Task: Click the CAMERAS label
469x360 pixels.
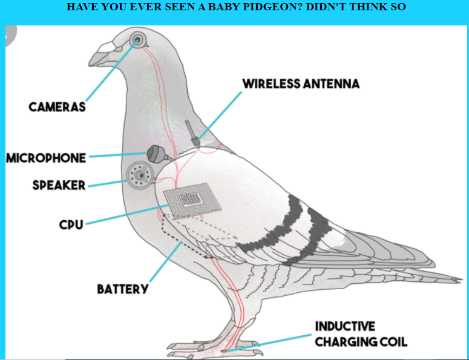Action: click(57, 106)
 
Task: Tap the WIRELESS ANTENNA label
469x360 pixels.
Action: click(301, 83)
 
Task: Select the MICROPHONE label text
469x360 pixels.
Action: click(46, 158)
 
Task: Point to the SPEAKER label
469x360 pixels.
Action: click(59, 185)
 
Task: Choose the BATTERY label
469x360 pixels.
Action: click(122, 289)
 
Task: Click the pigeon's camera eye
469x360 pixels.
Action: click(139, 40)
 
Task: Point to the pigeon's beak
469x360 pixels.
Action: click(100, 54)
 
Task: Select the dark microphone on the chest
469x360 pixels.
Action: click(156, 153)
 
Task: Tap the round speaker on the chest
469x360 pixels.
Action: click(140, 175)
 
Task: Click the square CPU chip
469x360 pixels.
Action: click(189, 200)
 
